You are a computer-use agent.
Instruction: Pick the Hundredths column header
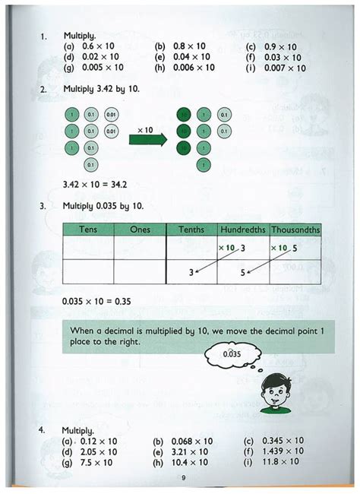[243, 229]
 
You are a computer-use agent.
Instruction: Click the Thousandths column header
[295, 229]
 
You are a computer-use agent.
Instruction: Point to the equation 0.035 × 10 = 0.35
[96, 301]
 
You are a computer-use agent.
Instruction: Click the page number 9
[183, 477]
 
